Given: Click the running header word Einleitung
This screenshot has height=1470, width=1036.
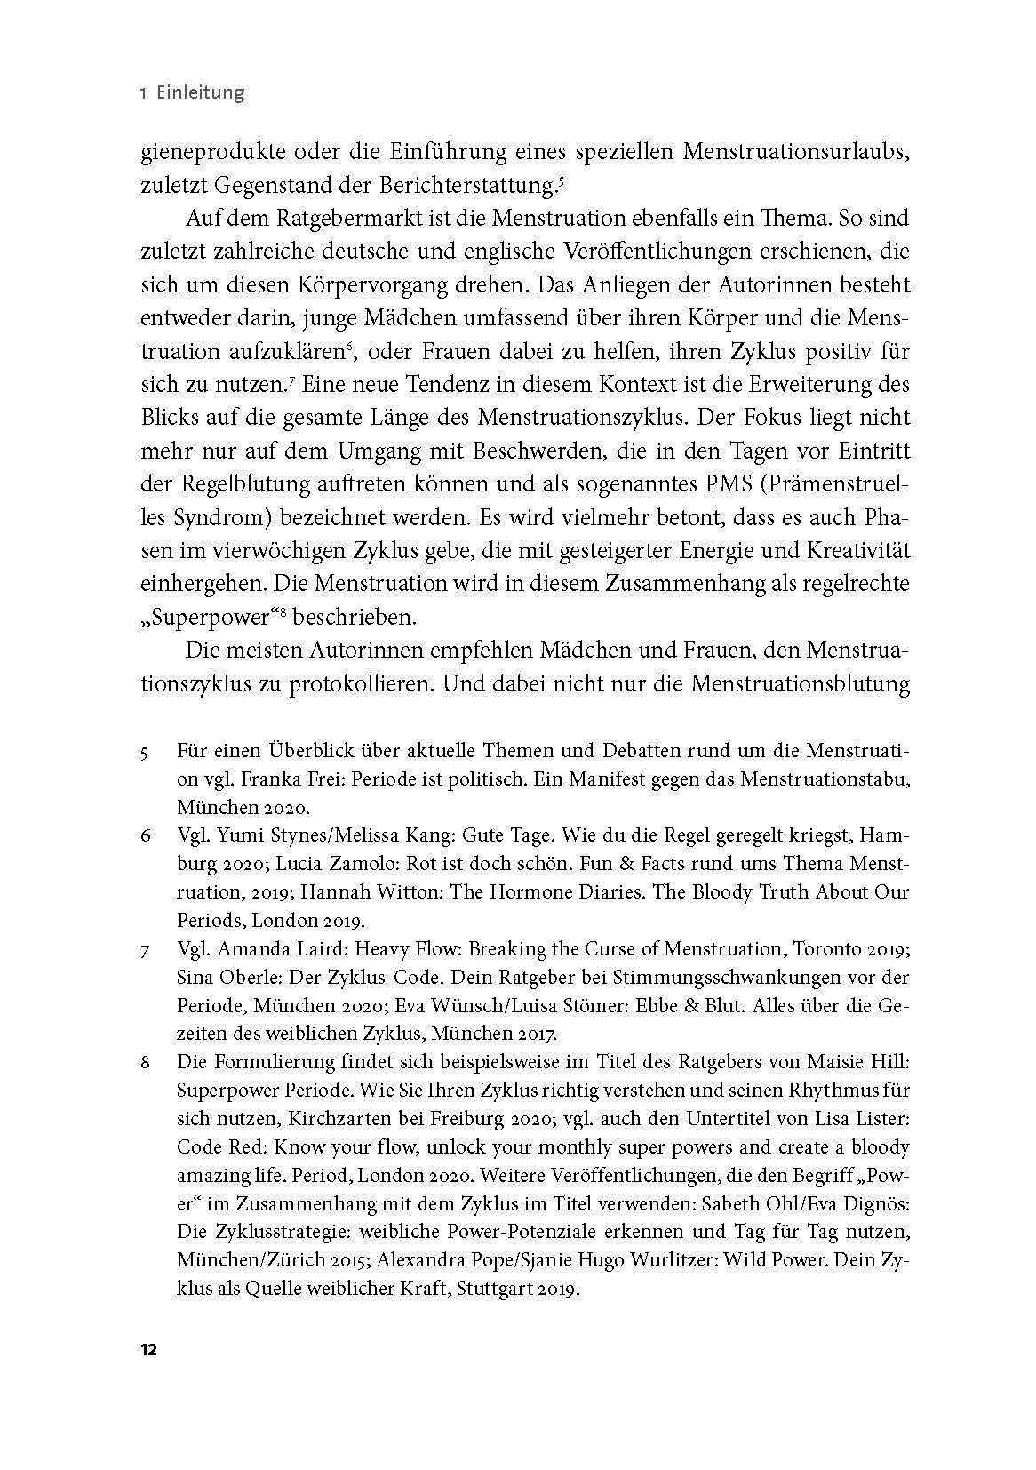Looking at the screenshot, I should coord(200,92).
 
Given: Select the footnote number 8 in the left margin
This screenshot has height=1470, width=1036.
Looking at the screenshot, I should coord(145,1062).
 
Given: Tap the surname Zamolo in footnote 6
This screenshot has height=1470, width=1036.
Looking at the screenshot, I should coord(370,864).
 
